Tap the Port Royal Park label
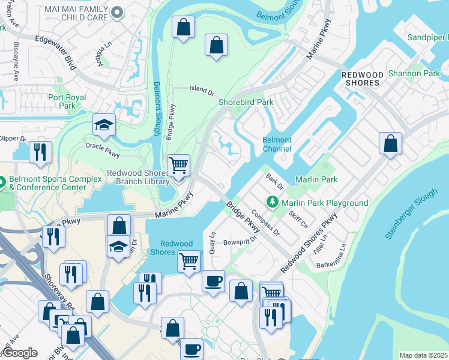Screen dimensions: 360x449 pyautogui.click(x=67, y=101)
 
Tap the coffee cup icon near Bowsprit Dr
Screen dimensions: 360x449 pyautogui.click(x=212, y=281)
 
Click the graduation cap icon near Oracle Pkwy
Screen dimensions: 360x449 pyautogui.click(x=104, y=125)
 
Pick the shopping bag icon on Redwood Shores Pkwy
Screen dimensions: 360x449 pyautogui.click(x=390, y=143)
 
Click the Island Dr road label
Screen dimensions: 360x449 pyautogui.click(x=202, y=89)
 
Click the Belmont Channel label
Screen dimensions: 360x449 pyautogui.click(x=277, y=144)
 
